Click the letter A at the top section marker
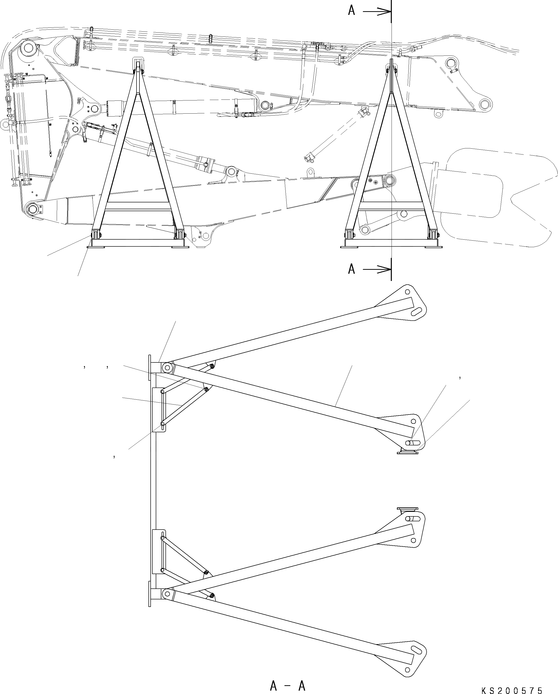coord(352,11)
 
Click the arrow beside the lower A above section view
coord(377,269)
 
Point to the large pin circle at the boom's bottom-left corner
coord(33,209)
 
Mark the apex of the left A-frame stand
coord(138,63)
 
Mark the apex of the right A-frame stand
coord(392,63)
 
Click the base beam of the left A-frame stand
coord(138,243)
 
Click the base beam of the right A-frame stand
coord(392,243)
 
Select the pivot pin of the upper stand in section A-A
coord(167,367)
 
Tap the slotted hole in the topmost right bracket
coord(417,311)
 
